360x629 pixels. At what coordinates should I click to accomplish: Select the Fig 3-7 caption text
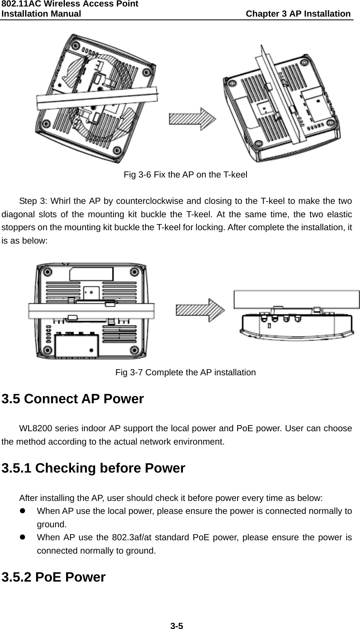[x=185, y=372]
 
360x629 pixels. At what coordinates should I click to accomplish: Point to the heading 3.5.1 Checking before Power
[x=93, y=469]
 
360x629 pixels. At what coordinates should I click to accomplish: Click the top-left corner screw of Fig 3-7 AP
[x=47, y=272]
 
